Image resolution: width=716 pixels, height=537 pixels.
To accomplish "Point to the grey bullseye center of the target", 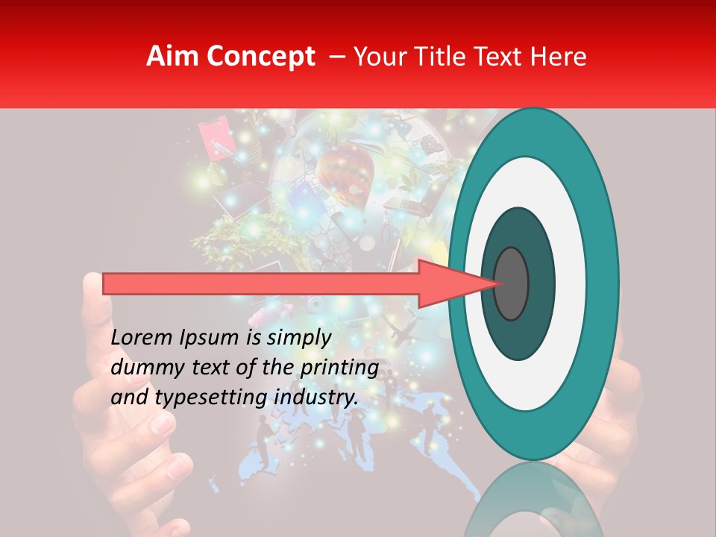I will (x=511, y=283).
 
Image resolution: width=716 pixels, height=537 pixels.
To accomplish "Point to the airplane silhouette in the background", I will (x=401, y=329).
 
